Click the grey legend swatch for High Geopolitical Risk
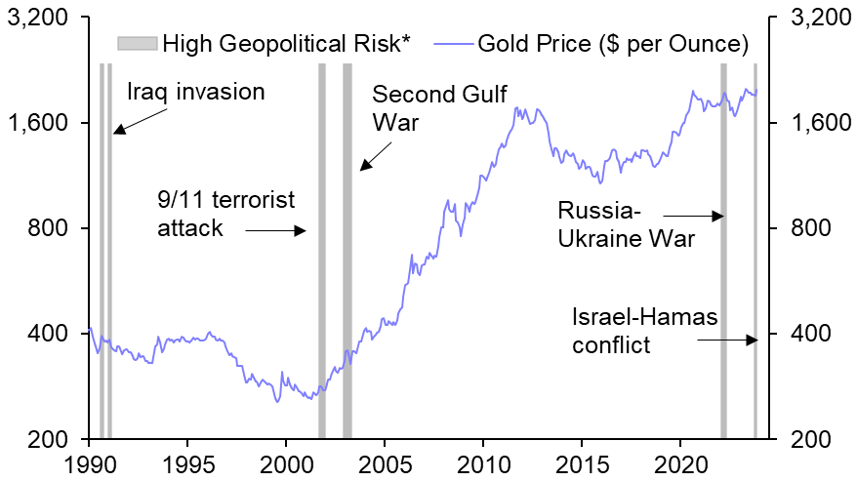click(x=138, y=43)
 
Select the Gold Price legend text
click(x=613, y=43)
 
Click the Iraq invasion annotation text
click(x=196, y=92)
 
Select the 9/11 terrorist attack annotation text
click(x=225, y=214)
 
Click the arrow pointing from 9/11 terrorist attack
click(x=276, y=230)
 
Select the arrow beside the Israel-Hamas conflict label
click(x=727, y=340)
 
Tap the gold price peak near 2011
click(x=515, y=107)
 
